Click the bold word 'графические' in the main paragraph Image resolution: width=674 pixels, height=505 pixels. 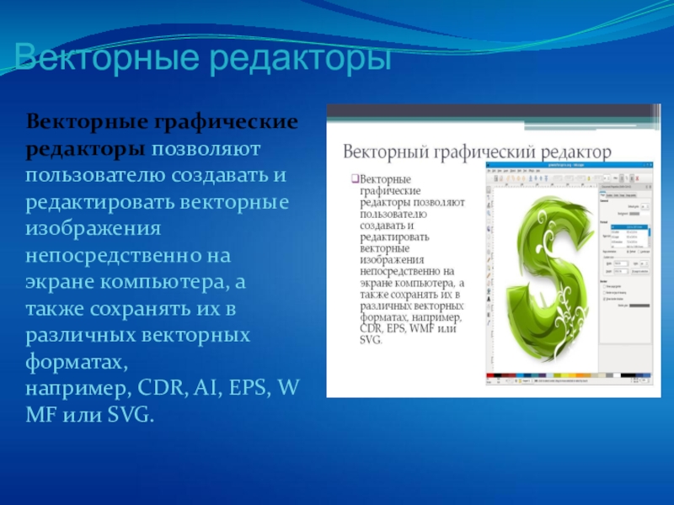225,123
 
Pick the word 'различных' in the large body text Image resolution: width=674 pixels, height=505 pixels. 79,336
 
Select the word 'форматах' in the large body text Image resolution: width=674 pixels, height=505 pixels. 75,363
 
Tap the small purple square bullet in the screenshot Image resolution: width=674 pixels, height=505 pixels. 354,179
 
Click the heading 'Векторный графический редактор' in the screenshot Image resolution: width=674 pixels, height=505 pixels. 476,152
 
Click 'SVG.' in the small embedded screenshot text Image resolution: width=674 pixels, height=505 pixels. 371,340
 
